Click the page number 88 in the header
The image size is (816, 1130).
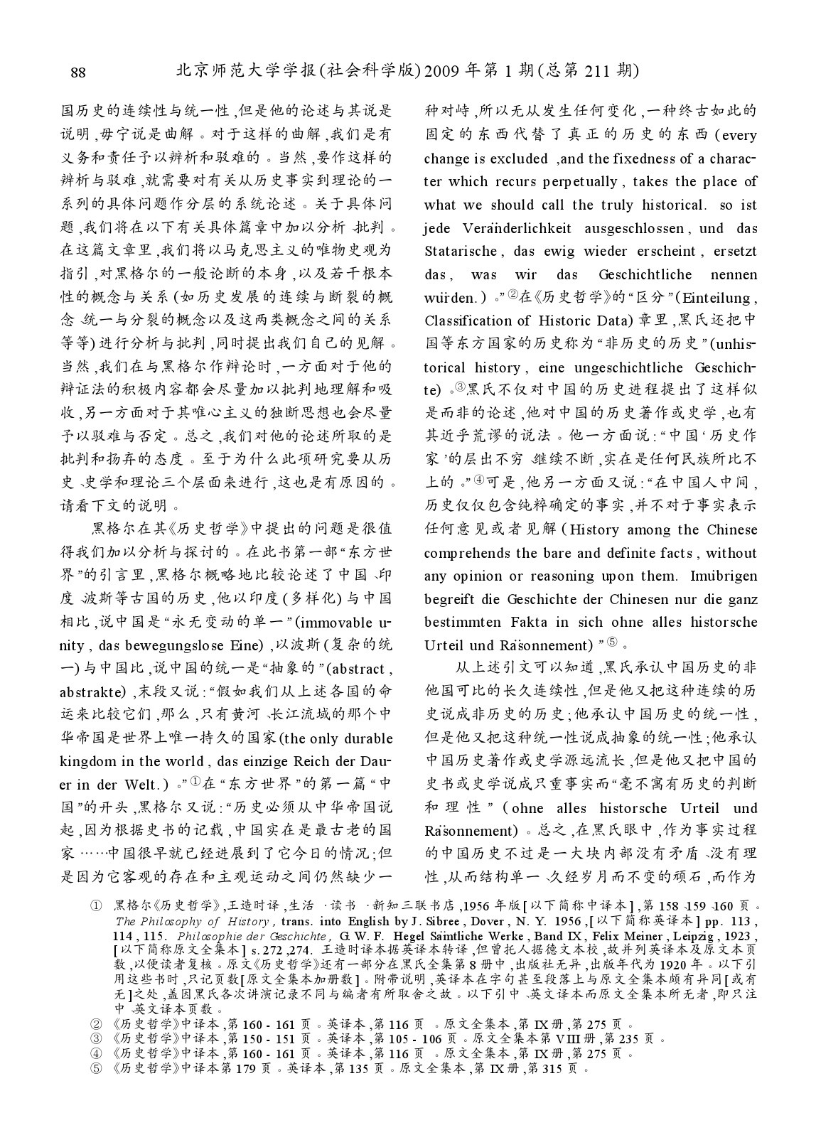(x=78, y=72)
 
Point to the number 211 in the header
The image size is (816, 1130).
(x=598, y=71)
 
